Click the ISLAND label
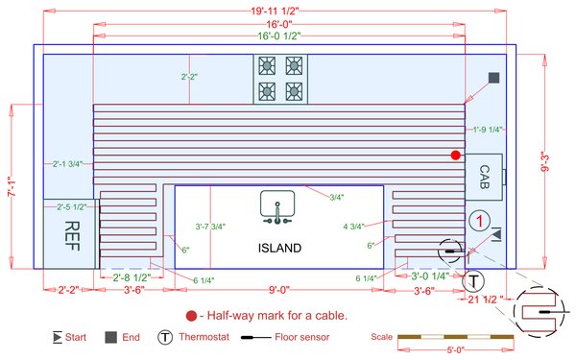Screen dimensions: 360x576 pyautogui.click(x=279, y=248)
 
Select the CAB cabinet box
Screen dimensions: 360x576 pyautogui.click(x=484, y=178)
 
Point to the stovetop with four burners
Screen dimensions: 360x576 pyautogui.click(x=280, y=79)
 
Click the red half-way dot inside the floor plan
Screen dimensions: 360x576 pyautogui.click(x=457, y=155)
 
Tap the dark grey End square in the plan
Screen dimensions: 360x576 pyautogui.click(x=493, y=78)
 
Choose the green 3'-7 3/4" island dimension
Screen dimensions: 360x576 pyautogui.click(x=209, y=227)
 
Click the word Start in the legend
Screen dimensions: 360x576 pyautogui.click(x=79, y=338)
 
